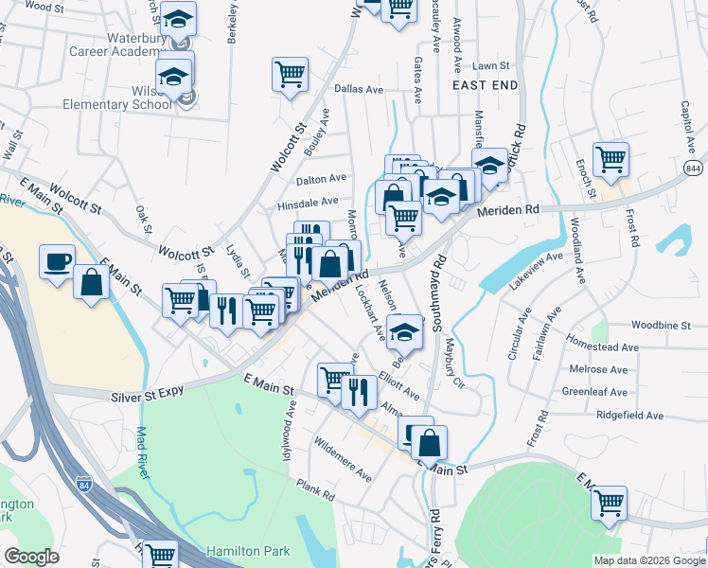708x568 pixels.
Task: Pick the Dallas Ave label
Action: point(359,89)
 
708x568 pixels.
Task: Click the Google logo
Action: point(32,557)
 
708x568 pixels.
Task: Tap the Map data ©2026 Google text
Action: point(647,560)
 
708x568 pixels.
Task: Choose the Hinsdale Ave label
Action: point(308,202)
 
